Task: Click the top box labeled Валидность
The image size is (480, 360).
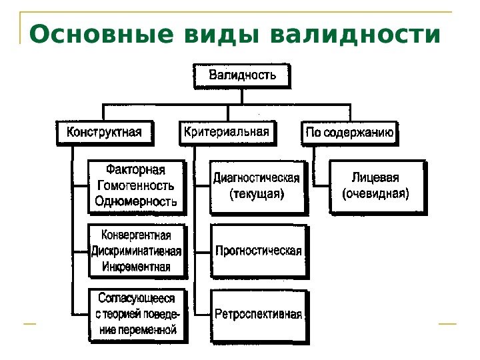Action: point(243,75)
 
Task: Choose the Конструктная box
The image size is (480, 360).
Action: point(104,132)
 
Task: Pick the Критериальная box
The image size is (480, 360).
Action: point(227,132)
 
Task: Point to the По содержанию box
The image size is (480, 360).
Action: point(350,133)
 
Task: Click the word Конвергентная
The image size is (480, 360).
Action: point(136,235)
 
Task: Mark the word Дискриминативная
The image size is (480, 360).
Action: point(136,251)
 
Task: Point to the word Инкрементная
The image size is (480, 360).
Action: point(136,267)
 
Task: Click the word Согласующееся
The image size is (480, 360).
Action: point(136,299)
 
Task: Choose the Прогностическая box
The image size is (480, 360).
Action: point(258,251)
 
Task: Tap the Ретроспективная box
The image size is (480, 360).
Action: point(258,315)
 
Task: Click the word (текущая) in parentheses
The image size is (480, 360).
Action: point(257,195)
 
